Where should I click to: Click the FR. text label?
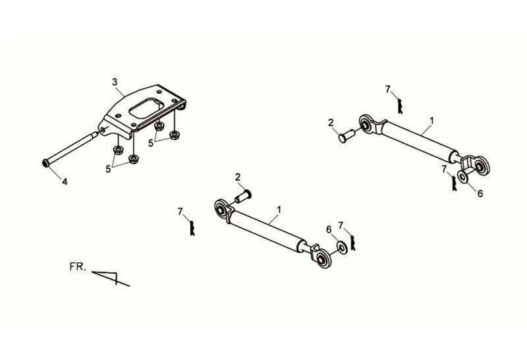[x=78, y=267]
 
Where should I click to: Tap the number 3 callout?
[x=115, y=82]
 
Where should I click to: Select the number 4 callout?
[x=64, y=181]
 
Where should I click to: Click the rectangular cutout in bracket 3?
[x=146, y=107]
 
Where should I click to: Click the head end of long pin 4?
[x=45, y=162]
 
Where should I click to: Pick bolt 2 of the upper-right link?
[x=347, y=136]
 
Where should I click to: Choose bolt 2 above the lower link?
[x=244, y=196]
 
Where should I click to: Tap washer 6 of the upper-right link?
[x=463, y=177]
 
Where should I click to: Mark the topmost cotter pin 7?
[x=399, y=103]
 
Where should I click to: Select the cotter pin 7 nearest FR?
[x=191, y=227]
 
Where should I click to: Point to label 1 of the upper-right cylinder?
[x=431, y=121]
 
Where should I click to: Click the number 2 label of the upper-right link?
[x=331, y=122]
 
